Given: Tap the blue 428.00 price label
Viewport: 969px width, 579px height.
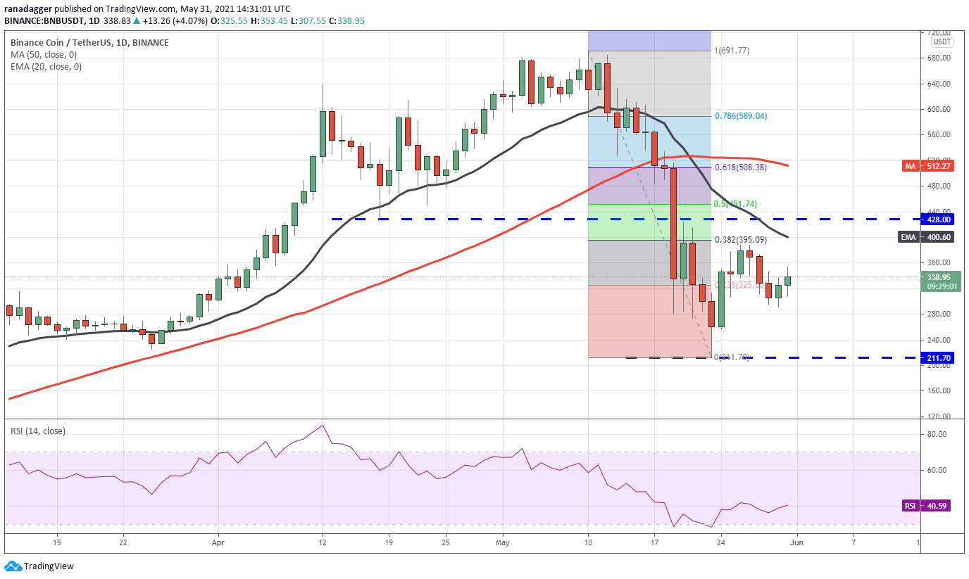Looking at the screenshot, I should click(939, 219).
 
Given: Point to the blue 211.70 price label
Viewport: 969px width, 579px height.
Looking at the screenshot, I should click(939, 357).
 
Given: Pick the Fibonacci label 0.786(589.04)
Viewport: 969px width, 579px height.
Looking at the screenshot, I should click(741, 116).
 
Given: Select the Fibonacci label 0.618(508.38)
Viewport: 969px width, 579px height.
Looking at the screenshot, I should click(741, 167).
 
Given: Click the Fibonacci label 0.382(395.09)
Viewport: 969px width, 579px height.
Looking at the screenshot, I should click(741, 240).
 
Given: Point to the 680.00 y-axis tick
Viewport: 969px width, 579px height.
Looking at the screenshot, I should click(939, 58).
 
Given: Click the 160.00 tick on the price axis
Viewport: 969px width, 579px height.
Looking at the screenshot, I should click(939, 390).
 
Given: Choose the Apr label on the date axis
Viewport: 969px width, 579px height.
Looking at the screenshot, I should click(218, 543).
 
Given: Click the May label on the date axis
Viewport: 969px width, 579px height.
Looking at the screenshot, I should click(502, 543).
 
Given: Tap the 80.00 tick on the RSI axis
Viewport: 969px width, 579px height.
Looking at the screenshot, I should click(936, 434).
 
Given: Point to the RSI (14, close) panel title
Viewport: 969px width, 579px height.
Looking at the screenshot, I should click(37, 431).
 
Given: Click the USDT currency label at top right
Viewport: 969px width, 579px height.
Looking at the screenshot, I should click(942, 42).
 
